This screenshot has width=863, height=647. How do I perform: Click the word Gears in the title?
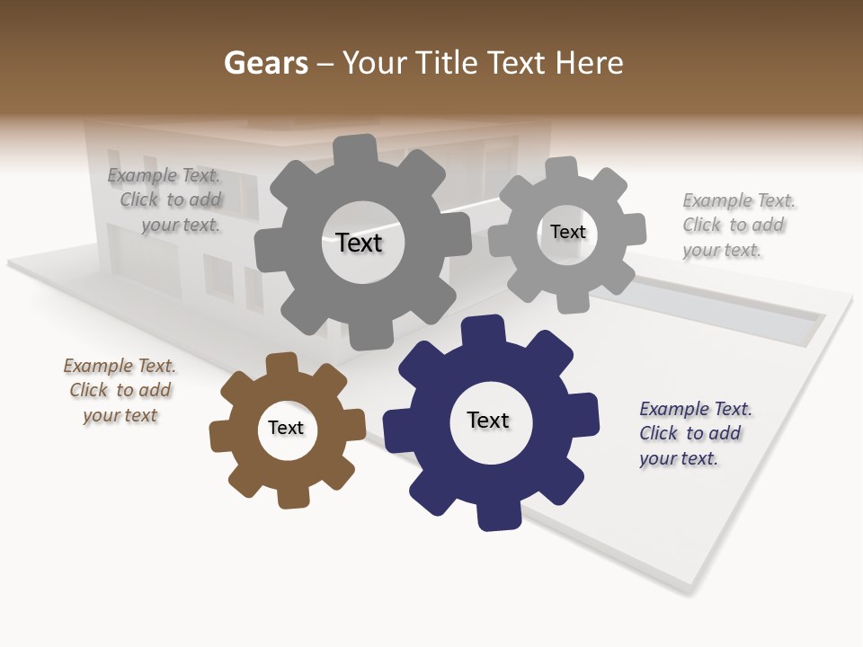(x=265, y=63)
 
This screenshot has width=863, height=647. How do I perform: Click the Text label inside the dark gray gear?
(x=359, y=243)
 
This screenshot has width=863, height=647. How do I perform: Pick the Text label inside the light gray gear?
(x=568, y=232)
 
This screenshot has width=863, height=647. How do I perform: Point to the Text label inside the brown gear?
(x=286, y=428)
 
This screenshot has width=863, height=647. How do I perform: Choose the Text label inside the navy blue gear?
(x=488, y=420)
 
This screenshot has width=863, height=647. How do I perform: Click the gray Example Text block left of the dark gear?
(x=167, y=200)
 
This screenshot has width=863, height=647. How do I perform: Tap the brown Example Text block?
(x=120, y=391)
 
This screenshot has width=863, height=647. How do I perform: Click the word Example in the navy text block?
(x=674, y=409)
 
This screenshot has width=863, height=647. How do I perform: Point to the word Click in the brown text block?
(x=89, y=390)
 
